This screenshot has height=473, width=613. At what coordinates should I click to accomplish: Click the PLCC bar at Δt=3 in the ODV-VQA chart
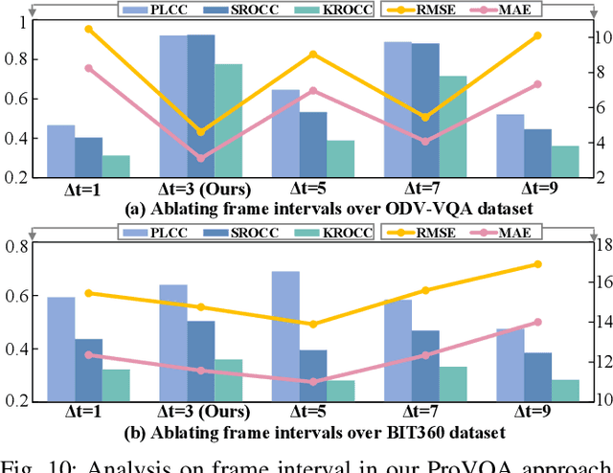click(x=173, y=106)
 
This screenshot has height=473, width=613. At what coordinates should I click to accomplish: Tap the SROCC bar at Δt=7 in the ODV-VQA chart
click(x=426, y=110)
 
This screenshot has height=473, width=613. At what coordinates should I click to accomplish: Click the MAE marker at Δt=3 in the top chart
click(x=201, y=158)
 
